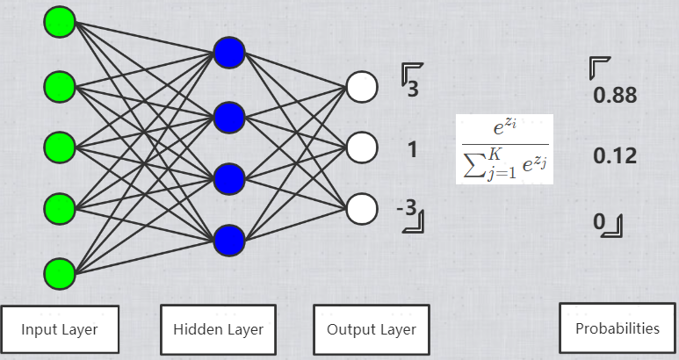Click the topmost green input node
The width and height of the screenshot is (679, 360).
[x=60, y=22]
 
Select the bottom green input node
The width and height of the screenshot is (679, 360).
[x=60, y=272]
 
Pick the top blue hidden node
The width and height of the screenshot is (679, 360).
[x=229, y=53]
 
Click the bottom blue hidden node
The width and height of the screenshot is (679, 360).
[x=229, y=239]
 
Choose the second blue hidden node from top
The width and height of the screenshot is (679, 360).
[x=229, y=115]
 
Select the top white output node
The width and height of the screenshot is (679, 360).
[x=361, y=86]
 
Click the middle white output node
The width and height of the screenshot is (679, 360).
[x=361, y=148]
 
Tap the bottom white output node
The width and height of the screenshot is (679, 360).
[x=361, y=209]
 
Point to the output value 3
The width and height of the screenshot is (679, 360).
[x=412, y=88]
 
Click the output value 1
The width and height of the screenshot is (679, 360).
[x=412, y=149]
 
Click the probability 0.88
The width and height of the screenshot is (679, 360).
[x=615, y=96]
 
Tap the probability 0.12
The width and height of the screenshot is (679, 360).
[x=615, y=157]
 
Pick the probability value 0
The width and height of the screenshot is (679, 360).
[x=599, y=222]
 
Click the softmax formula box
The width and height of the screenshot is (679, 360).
[x=503, y=148]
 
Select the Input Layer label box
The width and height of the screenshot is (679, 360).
[x=60, y=329]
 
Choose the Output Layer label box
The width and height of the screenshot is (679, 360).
[x=372, y=329]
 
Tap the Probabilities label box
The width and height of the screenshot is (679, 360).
[x=617, y=328]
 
